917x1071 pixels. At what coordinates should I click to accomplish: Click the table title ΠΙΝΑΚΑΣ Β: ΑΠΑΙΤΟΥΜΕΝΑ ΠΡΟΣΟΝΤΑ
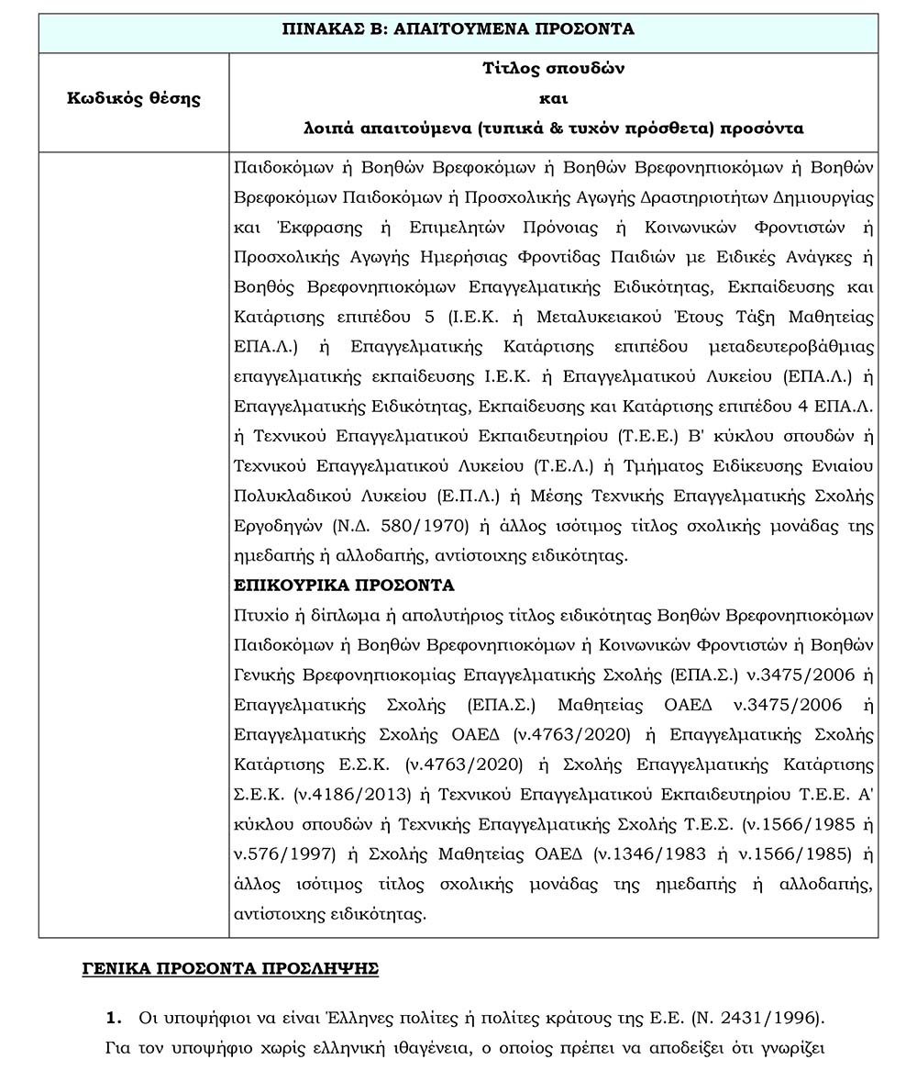pyautogui.click(x=458, y=28)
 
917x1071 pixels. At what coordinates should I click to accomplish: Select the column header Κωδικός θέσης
pyautogui.click(x=134, y=98)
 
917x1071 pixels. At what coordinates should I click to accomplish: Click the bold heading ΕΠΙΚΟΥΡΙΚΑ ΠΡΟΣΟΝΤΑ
pyautogui.click(x=345, y=585)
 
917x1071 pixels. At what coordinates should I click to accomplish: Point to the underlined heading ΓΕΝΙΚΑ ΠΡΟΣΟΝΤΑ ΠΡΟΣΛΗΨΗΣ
pyautogui.click(x=230, y=968)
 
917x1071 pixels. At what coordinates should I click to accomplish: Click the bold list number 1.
pyautogui.click(x=115, y=1018)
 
